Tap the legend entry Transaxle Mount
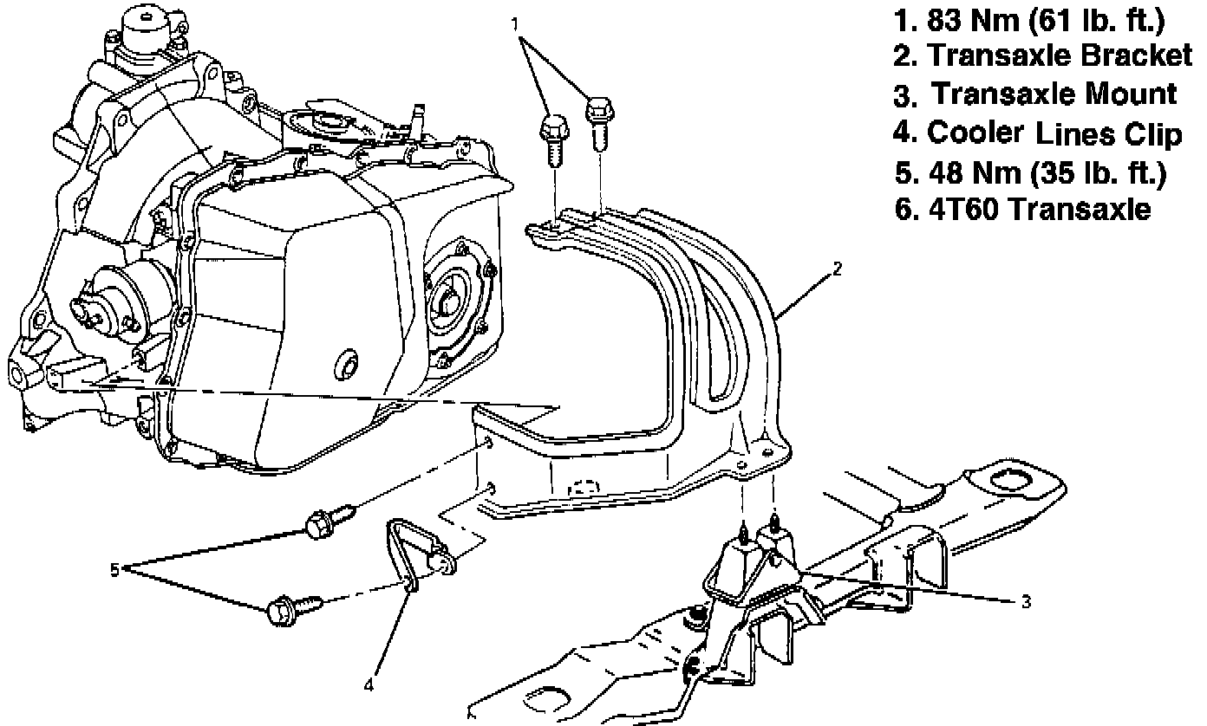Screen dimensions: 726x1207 (1036, 94)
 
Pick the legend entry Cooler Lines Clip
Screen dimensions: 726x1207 (1037, 133)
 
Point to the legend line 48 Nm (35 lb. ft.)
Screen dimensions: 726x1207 (1031, 172)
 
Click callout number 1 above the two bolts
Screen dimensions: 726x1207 (518, 23)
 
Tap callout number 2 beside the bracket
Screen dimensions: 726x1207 (836, 269)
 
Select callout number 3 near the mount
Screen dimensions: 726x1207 (1026, 602)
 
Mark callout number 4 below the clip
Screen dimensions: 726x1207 (369, 684)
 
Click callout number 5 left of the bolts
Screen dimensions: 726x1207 (114, 569)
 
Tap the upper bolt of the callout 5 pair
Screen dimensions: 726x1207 (323, 521)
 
